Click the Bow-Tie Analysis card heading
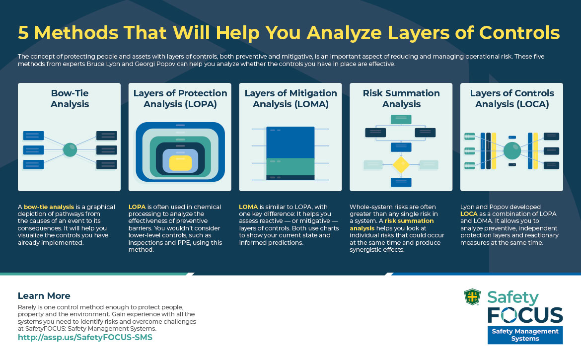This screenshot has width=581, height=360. tap(69, 98)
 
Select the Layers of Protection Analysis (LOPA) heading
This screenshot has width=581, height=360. tap(180, 98)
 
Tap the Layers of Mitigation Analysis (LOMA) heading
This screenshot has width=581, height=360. tap(290, 98)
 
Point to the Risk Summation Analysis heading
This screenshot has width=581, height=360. tap(401, 98)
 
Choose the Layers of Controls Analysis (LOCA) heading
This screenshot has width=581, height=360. tap(511, 98)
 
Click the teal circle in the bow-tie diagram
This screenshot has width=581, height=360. tap(70, 150)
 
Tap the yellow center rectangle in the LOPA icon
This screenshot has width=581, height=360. tap(180, 163)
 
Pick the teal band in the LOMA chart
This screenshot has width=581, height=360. tap(290, 166)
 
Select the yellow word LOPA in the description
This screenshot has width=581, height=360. tap(137, 207)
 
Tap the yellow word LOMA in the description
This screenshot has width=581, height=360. tap(248, 207)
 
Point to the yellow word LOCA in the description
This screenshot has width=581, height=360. tap(469, 214)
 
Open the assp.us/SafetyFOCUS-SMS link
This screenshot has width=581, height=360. tap(85, 337)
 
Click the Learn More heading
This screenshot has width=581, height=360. tap(44, 296)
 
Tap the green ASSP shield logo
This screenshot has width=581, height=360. tap(472, 297)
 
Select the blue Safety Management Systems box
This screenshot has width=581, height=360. tap(525, 335)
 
